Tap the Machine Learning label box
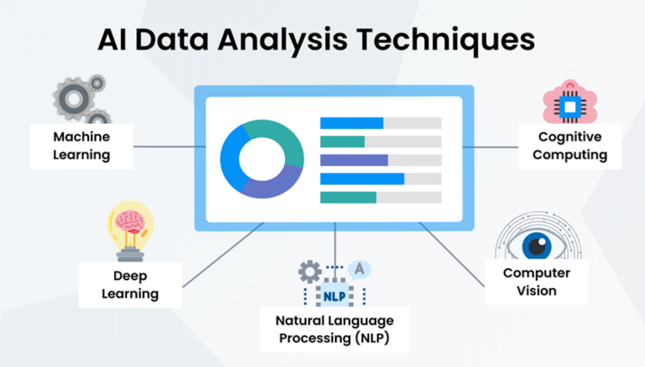[81, 146]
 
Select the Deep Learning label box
[130, 285]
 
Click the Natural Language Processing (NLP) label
[335, 329]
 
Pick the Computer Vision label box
[536, 282]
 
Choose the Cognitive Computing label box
[570, 146]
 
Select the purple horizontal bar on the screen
[354, 160]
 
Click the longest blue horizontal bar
[362, 179]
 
